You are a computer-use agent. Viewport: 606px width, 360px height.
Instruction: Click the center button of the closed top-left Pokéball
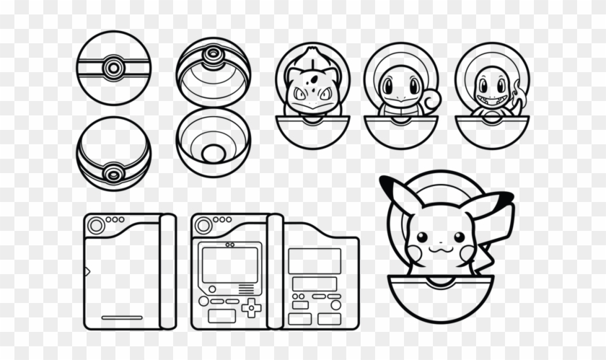point(113,69)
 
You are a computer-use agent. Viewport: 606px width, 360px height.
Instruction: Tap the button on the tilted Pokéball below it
point(113,173)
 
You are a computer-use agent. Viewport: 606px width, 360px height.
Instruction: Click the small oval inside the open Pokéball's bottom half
point(214,153)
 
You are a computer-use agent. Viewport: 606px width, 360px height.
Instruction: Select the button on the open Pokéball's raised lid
point(213,55)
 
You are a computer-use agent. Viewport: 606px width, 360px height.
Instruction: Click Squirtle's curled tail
point(431,102)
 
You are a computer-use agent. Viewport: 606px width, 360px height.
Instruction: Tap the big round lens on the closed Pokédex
point(96,226)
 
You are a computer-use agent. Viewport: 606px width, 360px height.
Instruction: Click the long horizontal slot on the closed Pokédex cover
point(121,317)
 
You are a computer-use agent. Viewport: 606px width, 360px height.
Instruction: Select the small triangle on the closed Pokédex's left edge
point(87,271)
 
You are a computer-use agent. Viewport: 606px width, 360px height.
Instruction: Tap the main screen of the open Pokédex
point(230,264)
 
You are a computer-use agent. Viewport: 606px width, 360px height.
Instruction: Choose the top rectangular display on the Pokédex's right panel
point(315,260)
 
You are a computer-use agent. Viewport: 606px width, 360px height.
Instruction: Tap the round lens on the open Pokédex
point(203,226)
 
